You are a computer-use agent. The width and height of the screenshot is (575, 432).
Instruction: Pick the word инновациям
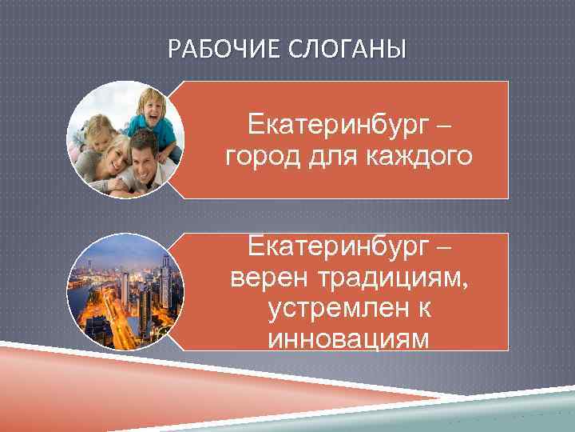349,338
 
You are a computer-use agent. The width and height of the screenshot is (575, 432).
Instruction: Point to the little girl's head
101,128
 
